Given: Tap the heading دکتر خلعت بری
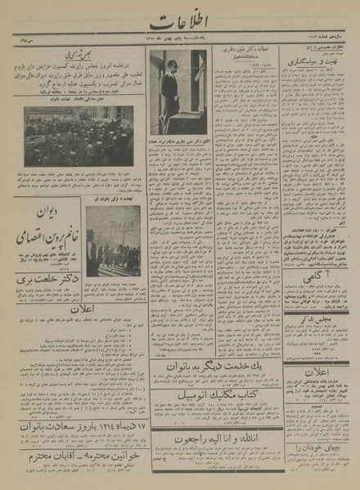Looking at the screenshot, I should (47, 281).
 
